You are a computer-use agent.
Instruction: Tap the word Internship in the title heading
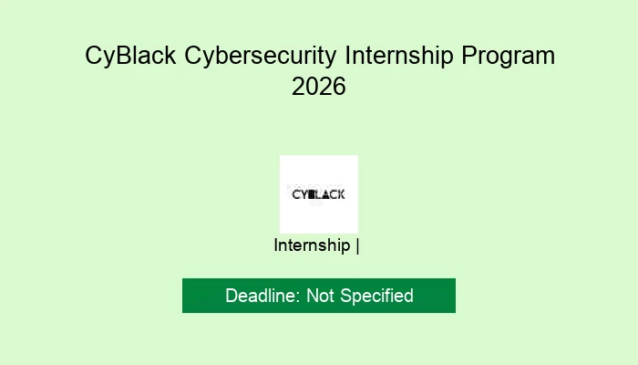[398, 56]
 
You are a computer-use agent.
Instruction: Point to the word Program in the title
[508, 56]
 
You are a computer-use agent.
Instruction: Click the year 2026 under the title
[319, 88]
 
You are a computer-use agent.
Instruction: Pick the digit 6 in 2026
[339, 88]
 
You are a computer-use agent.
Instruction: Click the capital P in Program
[468, 56]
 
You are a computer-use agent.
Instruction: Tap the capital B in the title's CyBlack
[125, 56]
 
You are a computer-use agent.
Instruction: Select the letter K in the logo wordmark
[341, 194]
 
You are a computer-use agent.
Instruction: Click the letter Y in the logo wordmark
[304, 194]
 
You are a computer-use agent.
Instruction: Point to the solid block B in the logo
[312, 194]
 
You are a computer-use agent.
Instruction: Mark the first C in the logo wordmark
[295, 194]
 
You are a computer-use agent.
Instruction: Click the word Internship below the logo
[312, 245]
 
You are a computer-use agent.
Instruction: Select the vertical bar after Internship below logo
[357, 245]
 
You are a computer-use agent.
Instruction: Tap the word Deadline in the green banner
[262, 296]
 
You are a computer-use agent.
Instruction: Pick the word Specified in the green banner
[378, 296]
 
